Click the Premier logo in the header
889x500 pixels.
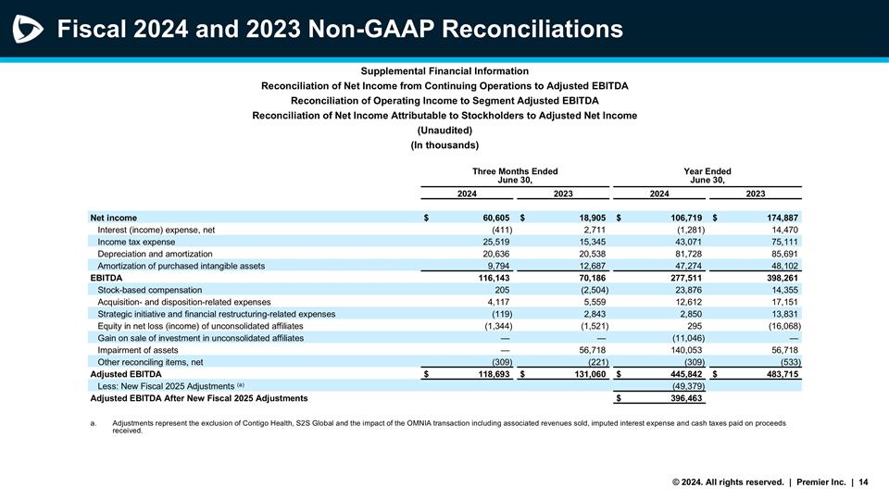pos(27,30)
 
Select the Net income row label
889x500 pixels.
pos(113,218)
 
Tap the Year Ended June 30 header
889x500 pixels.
pos(706,176)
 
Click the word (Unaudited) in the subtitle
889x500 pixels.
pos(444,131)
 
